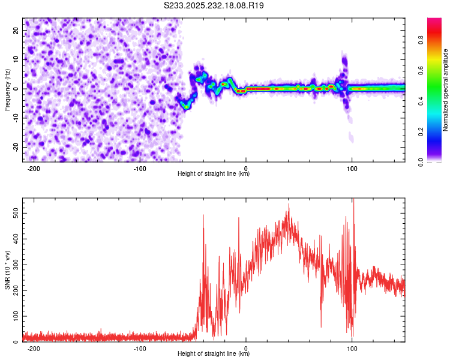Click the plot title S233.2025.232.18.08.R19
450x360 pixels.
tap(214, 5)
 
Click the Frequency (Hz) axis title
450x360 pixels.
tap(7, 90)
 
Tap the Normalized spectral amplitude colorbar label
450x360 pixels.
tap(446, 90)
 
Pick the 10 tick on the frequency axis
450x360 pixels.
tap(17, 59)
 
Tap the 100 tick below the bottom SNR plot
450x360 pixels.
tap(352, 348)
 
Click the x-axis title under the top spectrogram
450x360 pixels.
tap(214, 174)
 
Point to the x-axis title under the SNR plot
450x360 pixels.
tap(214, 354)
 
